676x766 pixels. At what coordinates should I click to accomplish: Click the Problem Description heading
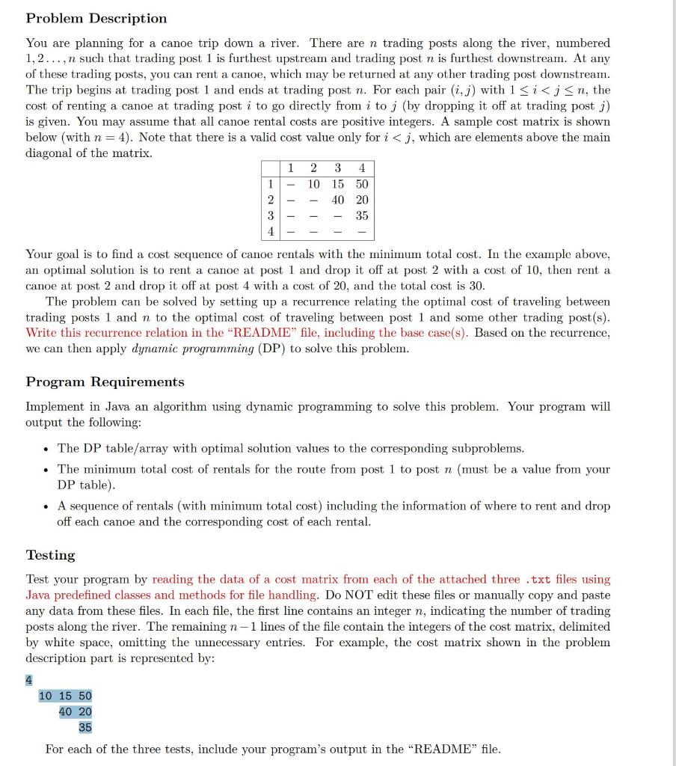pyautogui.click(x=96, y=18)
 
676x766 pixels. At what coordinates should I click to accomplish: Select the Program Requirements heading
pyautogui.click(x=105, y=382)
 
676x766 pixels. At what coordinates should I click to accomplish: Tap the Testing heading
pyautogui.click(x=51, y=555)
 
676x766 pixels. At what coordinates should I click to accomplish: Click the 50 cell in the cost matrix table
pyautogui.click(x=362, y=184)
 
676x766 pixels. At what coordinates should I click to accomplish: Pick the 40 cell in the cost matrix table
pyautogui.click(x=338, y=200)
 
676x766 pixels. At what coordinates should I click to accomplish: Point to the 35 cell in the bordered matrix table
pyautogui.click(x=362, y=215)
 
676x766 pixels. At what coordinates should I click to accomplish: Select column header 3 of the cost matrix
pyautogui.click(x=338, y=168)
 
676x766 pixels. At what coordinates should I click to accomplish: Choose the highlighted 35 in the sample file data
pyautogui.click(x=85, y=726)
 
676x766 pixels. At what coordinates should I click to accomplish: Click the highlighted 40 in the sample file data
pyautogui.click(x=66, y=711)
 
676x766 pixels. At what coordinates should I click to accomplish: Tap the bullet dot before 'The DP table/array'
pyautogui.click(x=47, y=449)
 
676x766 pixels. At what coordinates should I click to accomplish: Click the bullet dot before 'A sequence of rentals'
pyautogui.click(x=47, y=506)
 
